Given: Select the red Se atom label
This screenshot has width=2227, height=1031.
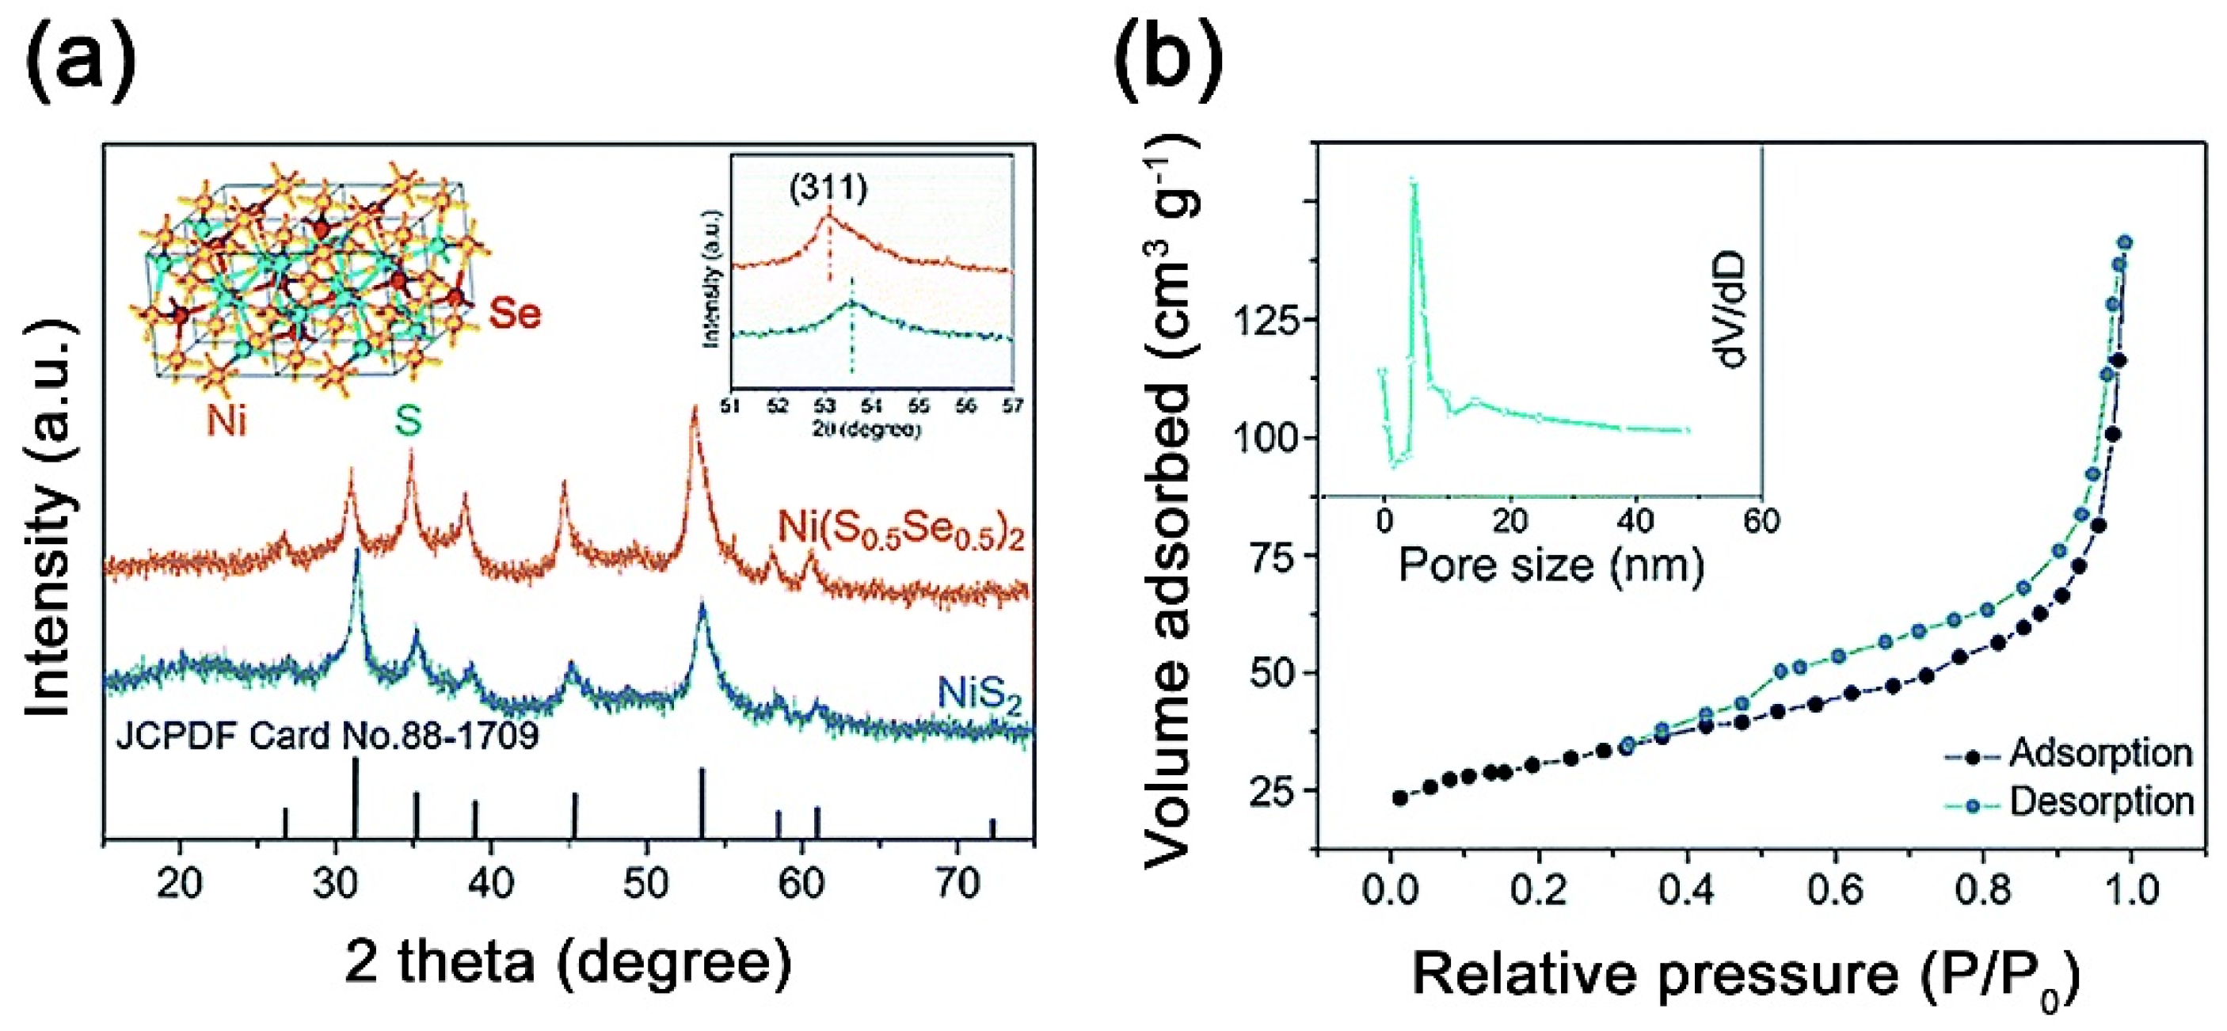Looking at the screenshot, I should pyautogui.click(x=516, y=313).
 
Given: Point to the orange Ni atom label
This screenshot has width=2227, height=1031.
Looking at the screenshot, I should pyautogui.click(x=227, y=423).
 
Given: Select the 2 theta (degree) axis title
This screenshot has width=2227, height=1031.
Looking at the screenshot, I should pyautogui.click(x=568, y=964).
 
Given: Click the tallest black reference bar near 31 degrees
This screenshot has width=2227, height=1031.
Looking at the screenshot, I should pyautogui.click(x=356, y=797).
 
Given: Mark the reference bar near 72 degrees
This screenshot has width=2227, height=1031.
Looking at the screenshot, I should pyautogui.click(x=992, y=828).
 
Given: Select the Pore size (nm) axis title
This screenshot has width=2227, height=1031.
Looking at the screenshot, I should pyautogui.click(x=1551, y=565).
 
